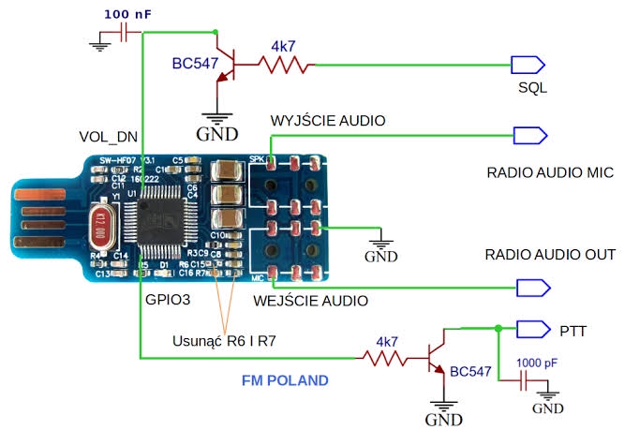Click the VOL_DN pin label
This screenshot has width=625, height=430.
coord(109,137)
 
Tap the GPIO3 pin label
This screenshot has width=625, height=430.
coord(169,303)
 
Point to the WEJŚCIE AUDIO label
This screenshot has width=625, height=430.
coord(310,301)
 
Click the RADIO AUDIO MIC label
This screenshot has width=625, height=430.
coord(549,173)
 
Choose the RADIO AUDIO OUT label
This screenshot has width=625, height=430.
coord(549,255)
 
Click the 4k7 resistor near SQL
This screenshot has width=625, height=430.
coord(283,65)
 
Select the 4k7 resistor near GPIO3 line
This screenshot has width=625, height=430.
coord(388,356)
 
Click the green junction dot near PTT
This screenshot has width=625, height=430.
coord(498,328)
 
